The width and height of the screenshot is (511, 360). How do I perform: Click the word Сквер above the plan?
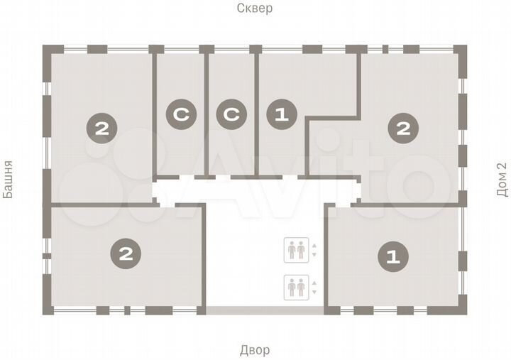point(255,9)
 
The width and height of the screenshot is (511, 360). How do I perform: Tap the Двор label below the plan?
point(255,351)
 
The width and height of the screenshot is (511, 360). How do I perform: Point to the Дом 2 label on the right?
point(502,181)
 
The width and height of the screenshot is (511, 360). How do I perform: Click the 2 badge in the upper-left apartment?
point(100,129)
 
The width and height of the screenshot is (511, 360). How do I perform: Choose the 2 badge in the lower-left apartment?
point(126,253)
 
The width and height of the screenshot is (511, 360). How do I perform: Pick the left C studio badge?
point(180,115)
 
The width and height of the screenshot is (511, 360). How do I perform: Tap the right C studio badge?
point(231,115)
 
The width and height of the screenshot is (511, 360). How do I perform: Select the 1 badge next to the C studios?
point(280,115)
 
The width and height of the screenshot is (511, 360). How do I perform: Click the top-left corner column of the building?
point(48,50)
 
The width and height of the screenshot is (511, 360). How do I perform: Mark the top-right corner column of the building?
point(463,50)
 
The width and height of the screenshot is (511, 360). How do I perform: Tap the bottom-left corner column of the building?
point(48,310)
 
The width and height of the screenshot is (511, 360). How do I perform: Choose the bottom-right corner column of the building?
point(463,310)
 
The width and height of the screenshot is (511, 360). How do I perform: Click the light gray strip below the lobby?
point(265,310)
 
